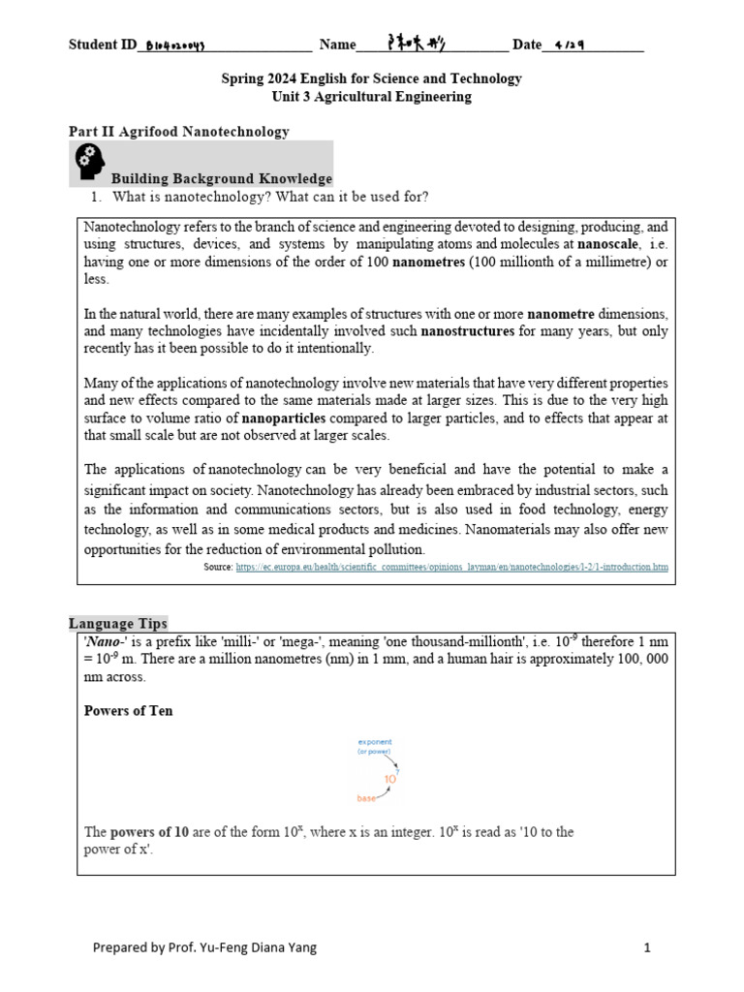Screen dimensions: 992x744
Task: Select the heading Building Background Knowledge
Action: (x=222, y=178)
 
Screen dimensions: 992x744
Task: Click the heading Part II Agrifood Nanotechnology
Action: (x=178, y=131)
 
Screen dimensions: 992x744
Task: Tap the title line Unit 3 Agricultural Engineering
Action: (x=372, y=97)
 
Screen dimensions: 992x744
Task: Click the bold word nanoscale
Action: (x=608, y=244)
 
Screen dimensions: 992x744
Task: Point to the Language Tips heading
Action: (x=118, y=623)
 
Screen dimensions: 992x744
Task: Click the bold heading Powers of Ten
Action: (x=129, y=710)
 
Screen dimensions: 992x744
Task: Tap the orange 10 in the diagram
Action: (x=390, y=778)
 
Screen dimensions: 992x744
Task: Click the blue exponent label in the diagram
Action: (x=374, y=742)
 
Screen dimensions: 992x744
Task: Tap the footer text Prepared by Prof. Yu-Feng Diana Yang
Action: (x=204, y=948)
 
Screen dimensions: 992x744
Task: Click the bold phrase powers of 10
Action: (x=149, y=832)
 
